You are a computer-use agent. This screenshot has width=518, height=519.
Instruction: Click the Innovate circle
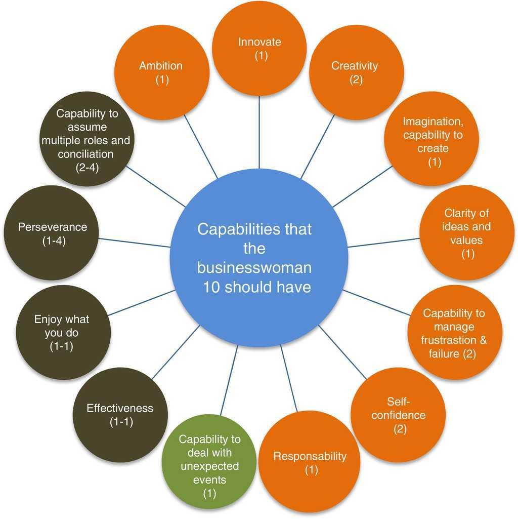pos(260,48)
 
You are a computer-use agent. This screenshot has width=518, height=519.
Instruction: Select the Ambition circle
pos(161,72)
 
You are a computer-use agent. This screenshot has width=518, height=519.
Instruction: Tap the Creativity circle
pos(356,72)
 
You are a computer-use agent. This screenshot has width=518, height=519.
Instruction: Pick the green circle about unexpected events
pos(209,466)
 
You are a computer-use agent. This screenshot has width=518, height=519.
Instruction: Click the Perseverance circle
pos(52,233)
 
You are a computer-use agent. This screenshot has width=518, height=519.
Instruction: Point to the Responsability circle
pos(310,462)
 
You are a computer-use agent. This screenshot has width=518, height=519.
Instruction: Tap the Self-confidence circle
pos(398,415)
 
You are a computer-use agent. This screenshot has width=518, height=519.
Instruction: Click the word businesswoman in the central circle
pos(254,267)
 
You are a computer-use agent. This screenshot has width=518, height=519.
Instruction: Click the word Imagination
pos(433,122)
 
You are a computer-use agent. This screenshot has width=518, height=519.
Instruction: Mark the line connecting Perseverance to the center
pos(134,242)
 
